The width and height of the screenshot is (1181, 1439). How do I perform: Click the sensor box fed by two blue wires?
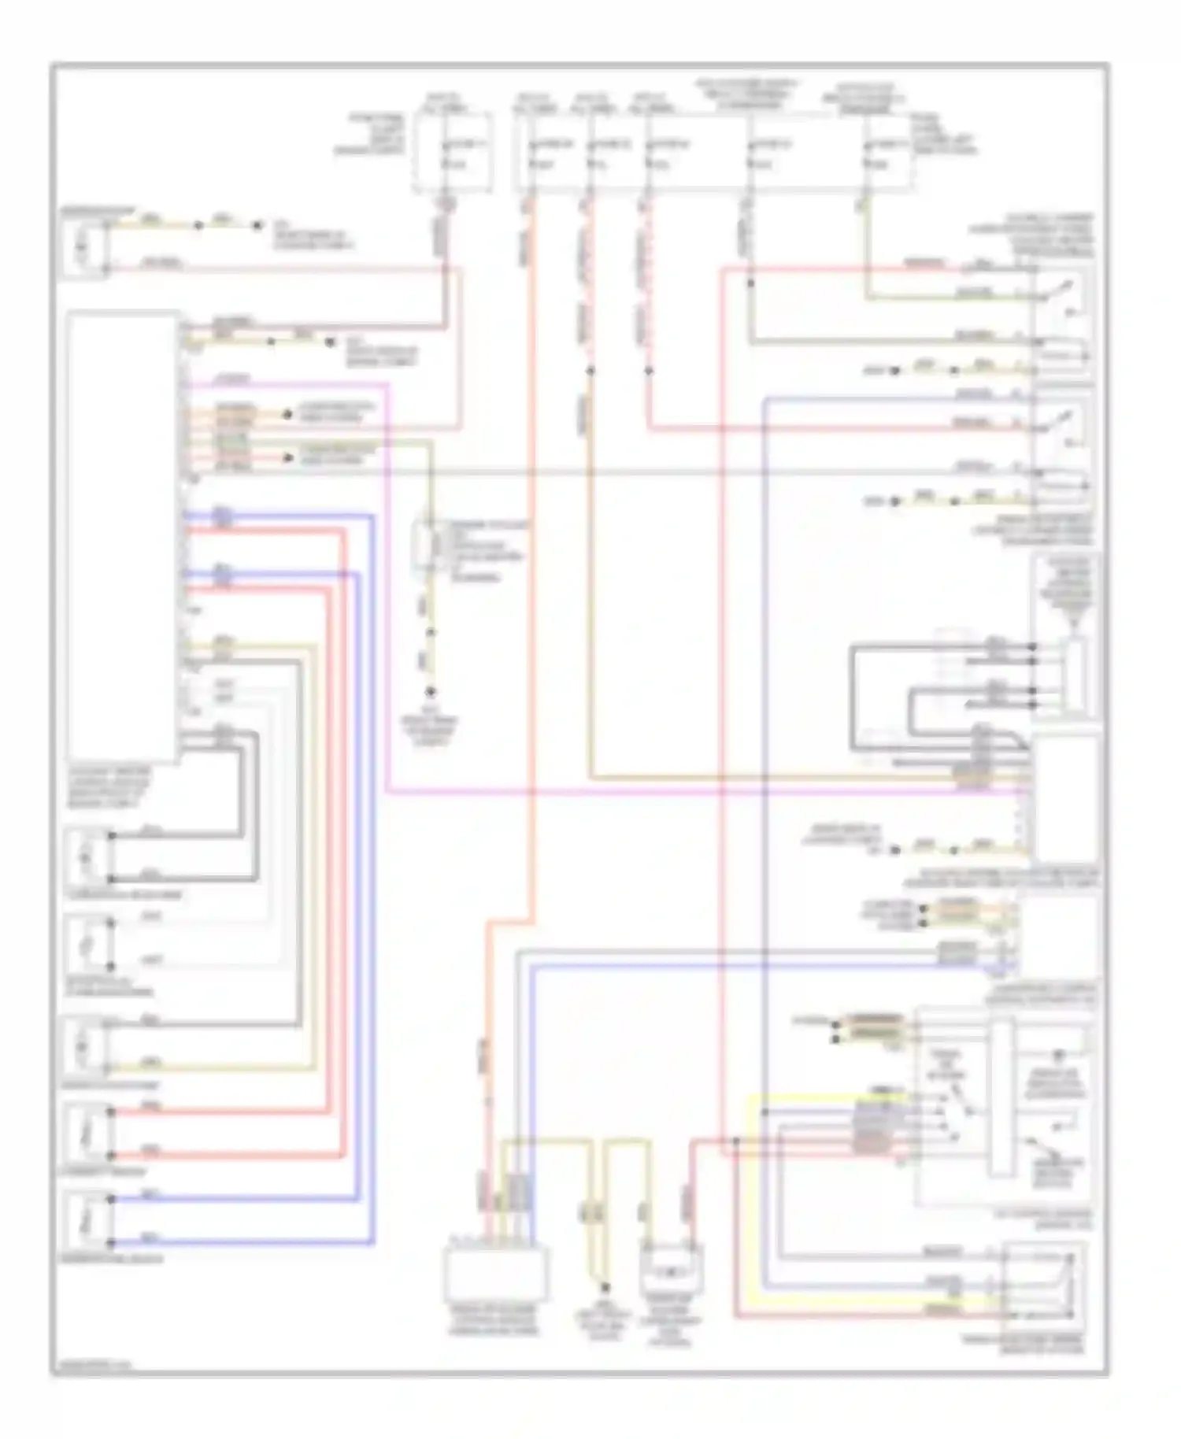[x=87, y=1221]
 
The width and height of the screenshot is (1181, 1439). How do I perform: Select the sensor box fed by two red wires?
[x=87, y=1133]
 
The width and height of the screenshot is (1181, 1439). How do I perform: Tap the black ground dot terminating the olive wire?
[x=431, y=692]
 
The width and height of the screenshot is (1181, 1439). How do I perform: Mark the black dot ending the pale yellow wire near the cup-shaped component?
[x=605, y=1288]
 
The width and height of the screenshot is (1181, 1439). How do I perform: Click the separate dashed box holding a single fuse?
[x=453, y=152]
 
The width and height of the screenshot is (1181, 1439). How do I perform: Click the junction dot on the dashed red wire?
[x=650, y=370]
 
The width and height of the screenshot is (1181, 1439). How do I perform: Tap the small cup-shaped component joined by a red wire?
[x=672, y=1268]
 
